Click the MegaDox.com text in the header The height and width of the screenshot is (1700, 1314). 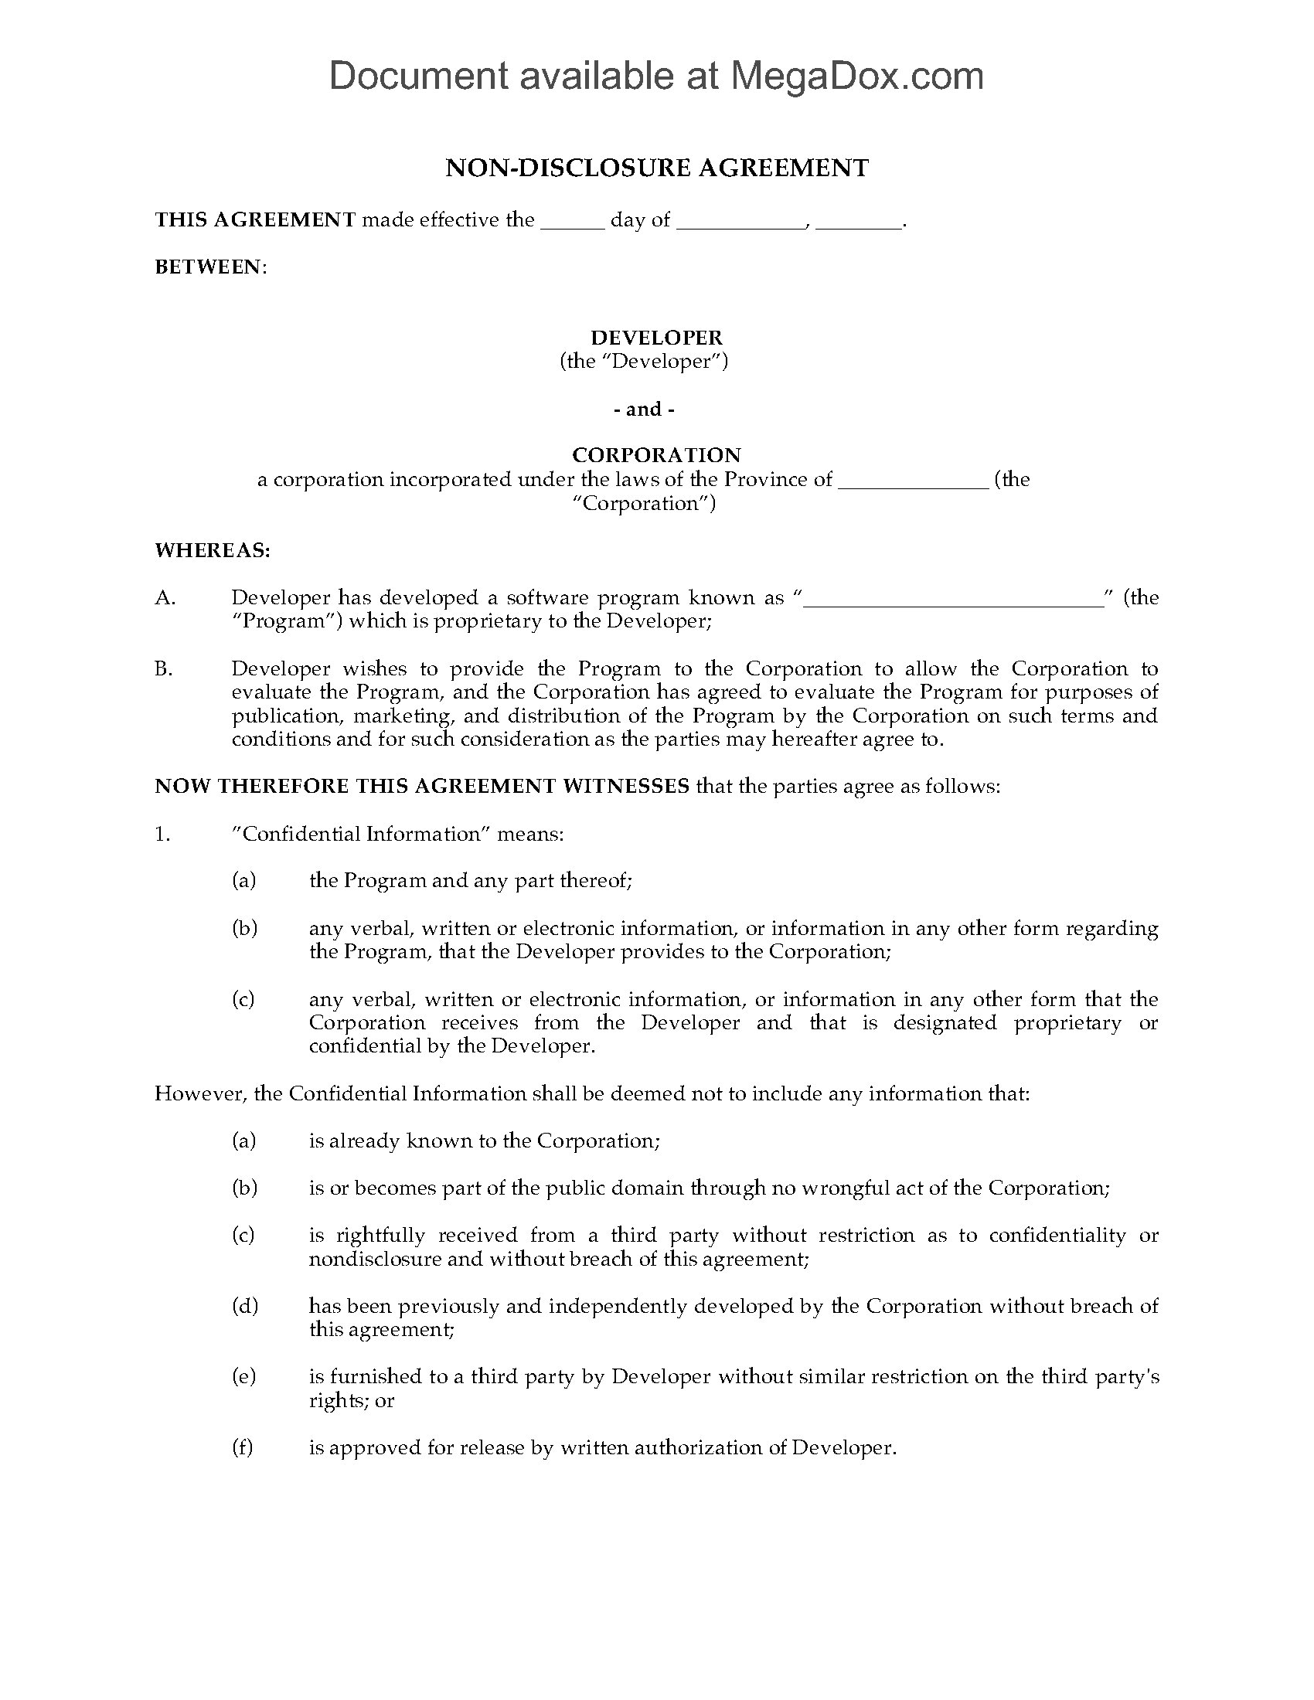(856, 76)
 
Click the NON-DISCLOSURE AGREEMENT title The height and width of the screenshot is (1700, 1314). (656, 168)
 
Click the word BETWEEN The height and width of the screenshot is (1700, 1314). (209, 267)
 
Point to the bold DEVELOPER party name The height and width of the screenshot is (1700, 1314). (656, 338)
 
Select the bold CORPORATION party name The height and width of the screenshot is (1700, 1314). (656, 455)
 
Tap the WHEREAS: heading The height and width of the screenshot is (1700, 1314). (212, 550)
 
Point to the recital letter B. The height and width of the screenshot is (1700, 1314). (163, 668)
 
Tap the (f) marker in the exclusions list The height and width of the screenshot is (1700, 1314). (242, 1448)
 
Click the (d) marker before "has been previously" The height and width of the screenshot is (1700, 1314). (243, 1306)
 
